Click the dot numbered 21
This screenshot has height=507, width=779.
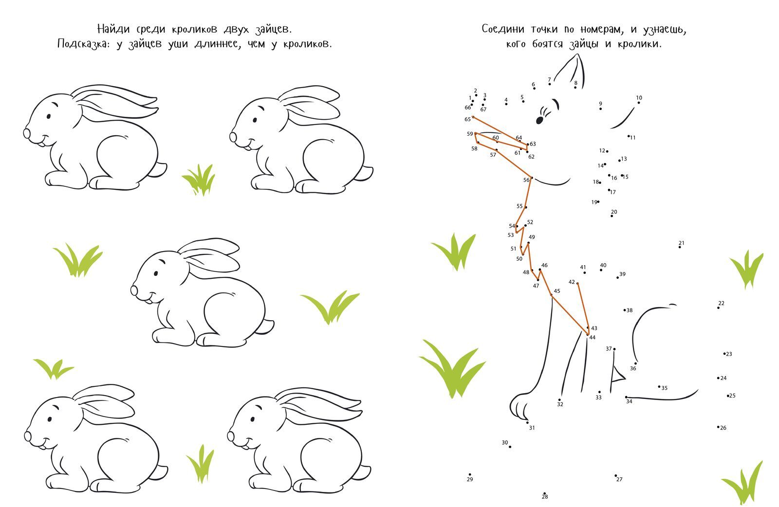[680, 247]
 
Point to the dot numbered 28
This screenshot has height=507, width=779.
[544, 493]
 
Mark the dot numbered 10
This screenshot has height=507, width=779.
[638, 103]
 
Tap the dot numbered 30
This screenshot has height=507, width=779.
[510, 447]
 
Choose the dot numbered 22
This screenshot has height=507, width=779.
[718, 308]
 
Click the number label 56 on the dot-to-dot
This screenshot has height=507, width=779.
[526, 180]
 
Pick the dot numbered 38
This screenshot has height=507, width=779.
[625, 310]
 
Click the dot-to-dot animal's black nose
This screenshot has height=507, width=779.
[539, 120]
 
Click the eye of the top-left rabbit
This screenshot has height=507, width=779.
[49, 116]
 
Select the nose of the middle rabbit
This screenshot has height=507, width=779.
[134, 290]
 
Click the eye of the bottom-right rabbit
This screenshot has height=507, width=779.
[252, 420]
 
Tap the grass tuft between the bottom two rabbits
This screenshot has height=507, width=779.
[201, 464]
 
